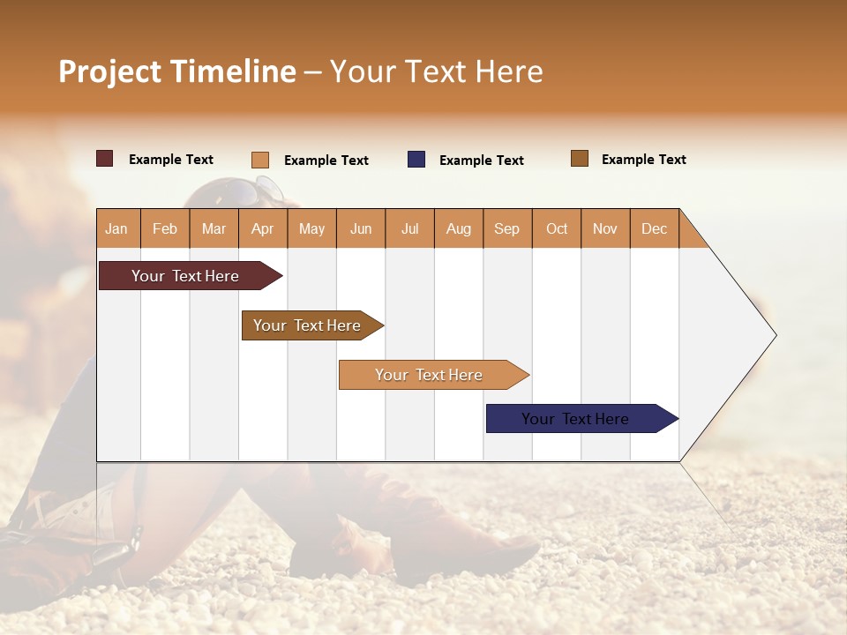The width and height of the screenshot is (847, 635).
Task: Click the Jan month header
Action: coord(116,228)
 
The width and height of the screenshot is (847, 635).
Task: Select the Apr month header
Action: coord(262,228)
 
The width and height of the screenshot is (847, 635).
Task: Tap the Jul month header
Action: coord(409,228)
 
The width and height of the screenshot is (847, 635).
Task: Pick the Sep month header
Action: coord(506,228)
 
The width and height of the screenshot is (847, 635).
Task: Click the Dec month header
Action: coord(654,228)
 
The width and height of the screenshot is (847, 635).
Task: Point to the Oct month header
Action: coord(557,228)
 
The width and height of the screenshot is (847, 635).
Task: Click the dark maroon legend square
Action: coord(104,159)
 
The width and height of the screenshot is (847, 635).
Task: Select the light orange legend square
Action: coord(259,160)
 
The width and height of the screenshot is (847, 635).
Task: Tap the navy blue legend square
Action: coord(416,160)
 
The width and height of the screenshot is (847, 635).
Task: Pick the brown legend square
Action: coord(579,159)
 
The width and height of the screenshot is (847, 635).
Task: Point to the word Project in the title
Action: coord(109,71)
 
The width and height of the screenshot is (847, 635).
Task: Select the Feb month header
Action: coord(164,228)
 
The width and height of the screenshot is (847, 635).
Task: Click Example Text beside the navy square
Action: coord(481,160)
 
